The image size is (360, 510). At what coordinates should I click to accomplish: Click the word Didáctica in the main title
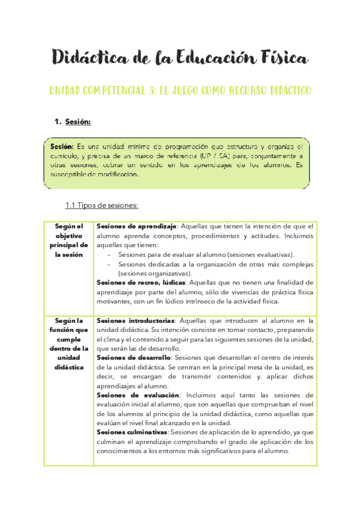90,58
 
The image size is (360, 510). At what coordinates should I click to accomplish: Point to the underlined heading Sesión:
78,123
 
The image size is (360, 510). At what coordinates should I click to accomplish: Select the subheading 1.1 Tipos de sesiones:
102,206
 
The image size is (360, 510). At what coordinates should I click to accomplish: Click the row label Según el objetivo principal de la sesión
69,240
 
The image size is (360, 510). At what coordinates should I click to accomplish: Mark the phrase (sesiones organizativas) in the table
155,273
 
